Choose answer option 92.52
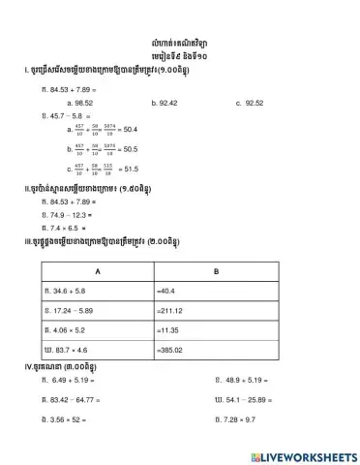pos(254,101)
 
